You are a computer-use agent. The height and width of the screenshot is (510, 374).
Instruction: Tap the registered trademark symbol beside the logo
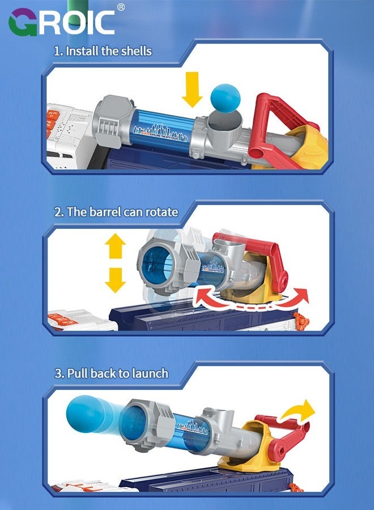click(x=121, y=7)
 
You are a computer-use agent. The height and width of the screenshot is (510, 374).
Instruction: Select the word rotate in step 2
click(x=161, y=212)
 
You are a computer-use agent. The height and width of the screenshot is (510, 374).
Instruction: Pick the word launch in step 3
click(x=149, y=373)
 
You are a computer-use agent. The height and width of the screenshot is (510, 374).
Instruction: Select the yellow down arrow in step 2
click(x=116, y=280)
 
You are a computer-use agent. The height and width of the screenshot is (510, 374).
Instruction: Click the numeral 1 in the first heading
click(x=57, y=51)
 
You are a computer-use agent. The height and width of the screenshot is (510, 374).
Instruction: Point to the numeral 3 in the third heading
click(x=57, y=373)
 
